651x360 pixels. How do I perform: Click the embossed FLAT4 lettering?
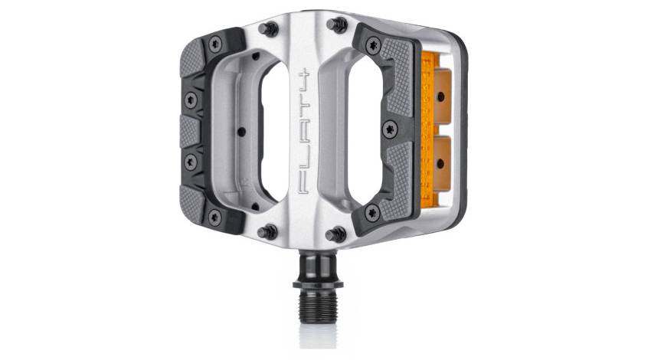coord(304,129)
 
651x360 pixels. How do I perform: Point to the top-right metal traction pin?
coord(335,25)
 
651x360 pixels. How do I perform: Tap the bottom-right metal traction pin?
coord(335,234)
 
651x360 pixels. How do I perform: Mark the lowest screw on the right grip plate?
coord(372,212)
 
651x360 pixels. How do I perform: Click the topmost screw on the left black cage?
coord(214,44)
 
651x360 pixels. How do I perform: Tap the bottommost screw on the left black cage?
coord(214,217)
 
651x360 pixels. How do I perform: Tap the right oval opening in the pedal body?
coord(342,130)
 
